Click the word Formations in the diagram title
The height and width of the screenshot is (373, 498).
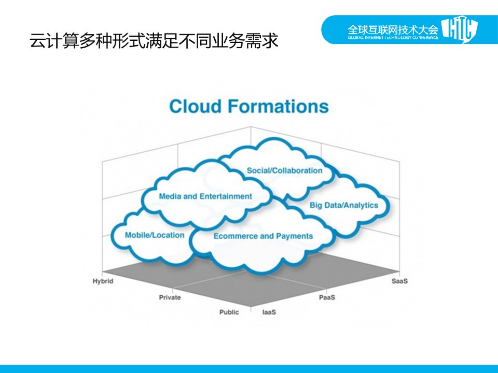[x=278, y=107]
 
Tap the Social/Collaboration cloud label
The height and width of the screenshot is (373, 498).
[x=284, y=171]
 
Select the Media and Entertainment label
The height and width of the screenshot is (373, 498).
[x=205, y=196]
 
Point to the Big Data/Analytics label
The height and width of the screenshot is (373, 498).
[x=344, y=205]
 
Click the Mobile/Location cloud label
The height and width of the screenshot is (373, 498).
[x=155, y=235]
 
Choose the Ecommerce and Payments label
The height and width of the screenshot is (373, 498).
[x=263, y=236]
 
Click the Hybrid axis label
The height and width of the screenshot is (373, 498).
[x=103, y=281]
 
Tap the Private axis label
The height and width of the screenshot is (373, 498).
[x=170, y=297]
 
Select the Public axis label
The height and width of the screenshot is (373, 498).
[x=229, y=312]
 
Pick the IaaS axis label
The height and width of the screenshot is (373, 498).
[x=269, y=312]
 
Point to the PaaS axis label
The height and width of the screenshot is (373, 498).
[x=327, y=297]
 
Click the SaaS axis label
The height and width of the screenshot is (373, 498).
[x=400, y=281]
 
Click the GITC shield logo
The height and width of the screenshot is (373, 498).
[x=460, y=29]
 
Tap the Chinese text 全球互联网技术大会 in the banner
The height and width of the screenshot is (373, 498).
[x=393, y=30]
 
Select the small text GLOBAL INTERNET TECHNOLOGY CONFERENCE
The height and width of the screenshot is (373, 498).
[x=393, y=38]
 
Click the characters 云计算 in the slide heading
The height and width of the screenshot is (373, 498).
[x=54, y=41]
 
